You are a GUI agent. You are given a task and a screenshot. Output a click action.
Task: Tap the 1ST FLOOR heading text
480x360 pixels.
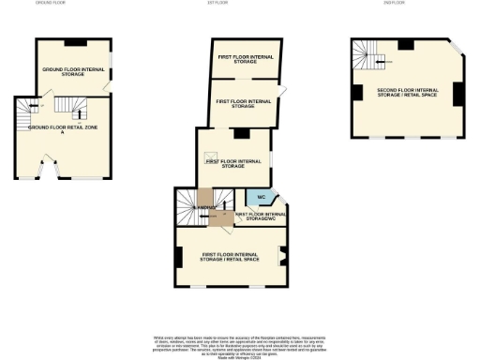click(218, 4)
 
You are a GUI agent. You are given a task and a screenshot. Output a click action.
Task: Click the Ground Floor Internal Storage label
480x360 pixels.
click(72, 72)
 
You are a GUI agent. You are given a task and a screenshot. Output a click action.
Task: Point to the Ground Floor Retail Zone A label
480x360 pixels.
click(62, 129)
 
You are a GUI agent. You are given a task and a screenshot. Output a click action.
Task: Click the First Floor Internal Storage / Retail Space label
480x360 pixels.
click(230, 256)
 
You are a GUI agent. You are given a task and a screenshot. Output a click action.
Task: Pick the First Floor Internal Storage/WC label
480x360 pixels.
click(259, 216)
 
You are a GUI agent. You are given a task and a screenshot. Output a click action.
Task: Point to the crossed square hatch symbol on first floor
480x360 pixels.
click(212, 157)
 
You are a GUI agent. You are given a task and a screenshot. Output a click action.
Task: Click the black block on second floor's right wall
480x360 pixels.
click(457, 95)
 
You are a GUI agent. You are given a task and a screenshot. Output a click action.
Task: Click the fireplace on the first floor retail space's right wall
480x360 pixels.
click(282, 255)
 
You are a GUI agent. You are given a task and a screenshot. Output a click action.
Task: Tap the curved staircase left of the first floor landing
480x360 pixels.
click(186, 206)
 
